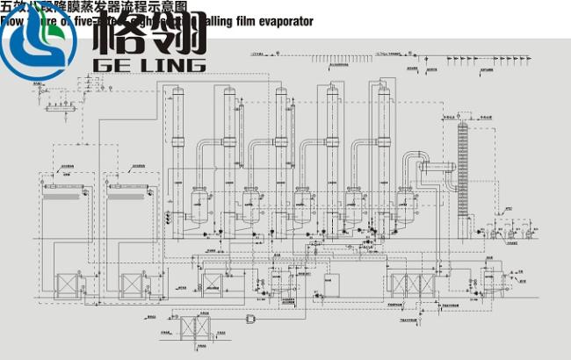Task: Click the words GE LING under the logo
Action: point(148,64)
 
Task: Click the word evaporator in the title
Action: point(282,21)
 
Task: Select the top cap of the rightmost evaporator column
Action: point(382,87)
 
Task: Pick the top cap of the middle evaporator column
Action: point(281,90)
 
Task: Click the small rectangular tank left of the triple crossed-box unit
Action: point(331,284)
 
